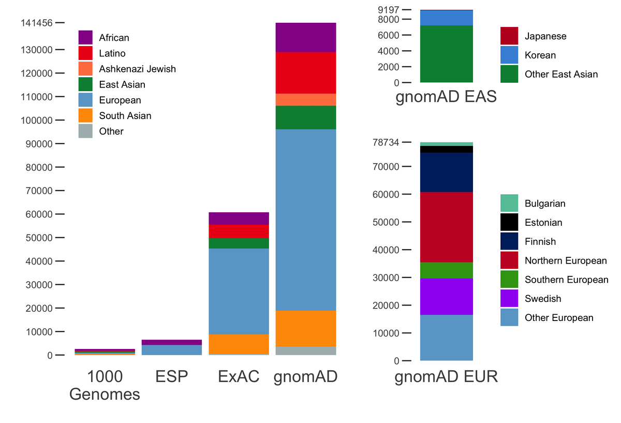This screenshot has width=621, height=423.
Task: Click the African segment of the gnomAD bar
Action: tap(306, 37)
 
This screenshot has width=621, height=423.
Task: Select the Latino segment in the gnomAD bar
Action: tap(306, 72)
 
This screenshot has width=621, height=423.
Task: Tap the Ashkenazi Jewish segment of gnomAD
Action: tap(306, 99)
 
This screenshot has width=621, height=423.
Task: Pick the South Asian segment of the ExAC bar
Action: tap(239, 344)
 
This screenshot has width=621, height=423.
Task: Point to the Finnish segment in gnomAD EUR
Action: tap(447, 172)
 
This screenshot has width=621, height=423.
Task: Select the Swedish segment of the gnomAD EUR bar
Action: tap(447, 297)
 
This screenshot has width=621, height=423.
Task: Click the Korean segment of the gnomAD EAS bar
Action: tap(447, 18)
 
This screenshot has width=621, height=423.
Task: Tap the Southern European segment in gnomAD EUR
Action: tap(447, 270)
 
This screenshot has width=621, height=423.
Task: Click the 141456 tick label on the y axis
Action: tap(36, 23)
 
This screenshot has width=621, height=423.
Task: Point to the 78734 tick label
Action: tap(387, 142)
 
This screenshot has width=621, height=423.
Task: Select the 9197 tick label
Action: tap(389, 10)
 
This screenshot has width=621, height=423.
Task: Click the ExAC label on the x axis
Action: tap(239, 376)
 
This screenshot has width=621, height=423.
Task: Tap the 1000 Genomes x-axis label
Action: tap(105, 385)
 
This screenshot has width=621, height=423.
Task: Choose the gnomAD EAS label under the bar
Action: tap(446, 97)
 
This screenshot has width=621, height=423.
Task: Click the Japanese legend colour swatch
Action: tap(509, 36)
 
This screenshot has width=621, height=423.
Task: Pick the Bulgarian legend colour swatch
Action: tap(509, 203)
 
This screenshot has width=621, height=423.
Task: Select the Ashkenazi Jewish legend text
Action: tap(137, 69)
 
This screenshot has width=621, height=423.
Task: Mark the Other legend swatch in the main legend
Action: tap(85, 131)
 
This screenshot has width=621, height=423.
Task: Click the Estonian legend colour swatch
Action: tap(509, 223)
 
